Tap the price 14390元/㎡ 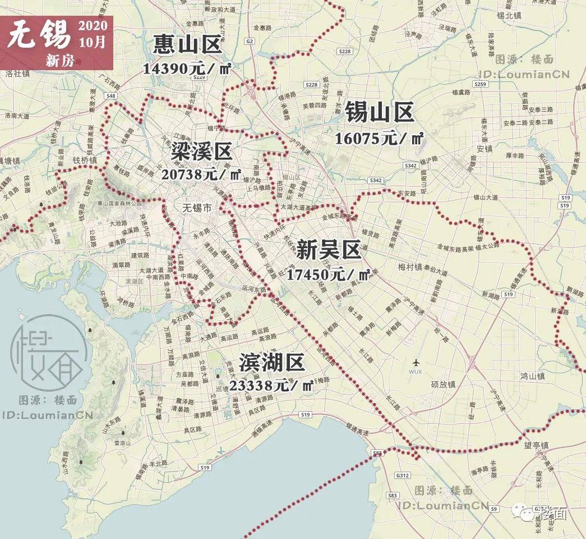[x=187, y=68]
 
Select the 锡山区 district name [x=379, y=112]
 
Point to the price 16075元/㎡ [x=379, y=138]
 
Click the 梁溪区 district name [x=201, y=151]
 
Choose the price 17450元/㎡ [x=329, y=275]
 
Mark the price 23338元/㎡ [x=271, y=386]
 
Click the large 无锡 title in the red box [x=39, y=35]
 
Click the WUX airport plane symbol [x=416, y=362]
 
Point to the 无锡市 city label [x=197, y=208]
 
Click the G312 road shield [x=402, y=475]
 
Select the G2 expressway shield [x=250, y=41]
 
